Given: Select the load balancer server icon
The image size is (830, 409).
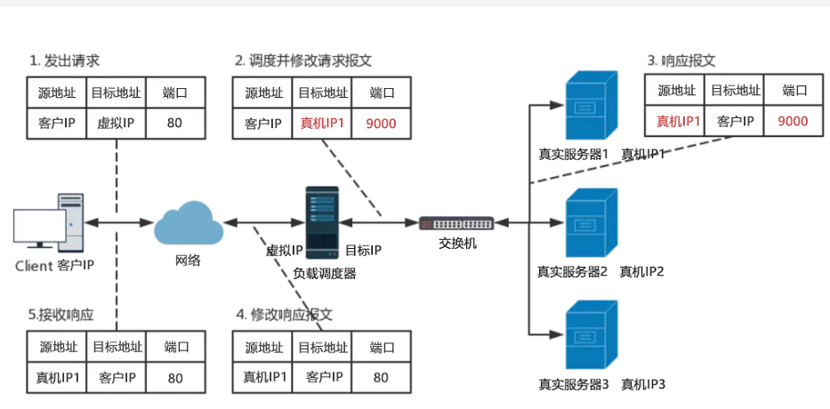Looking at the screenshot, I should pos(322,221).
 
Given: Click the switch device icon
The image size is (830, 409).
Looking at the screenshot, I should pos(457,222).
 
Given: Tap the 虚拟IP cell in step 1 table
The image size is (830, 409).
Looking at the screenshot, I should pos(116,123).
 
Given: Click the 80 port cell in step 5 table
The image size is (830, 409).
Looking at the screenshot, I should pos(175,378).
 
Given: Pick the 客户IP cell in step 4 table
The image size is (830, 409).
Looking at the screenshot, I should pos(323,378).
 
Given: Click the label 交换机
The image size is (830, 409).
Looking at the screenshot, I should pos(457,244).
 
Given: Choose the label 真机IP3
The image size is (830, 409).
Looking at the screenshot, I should pos(643,385).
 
